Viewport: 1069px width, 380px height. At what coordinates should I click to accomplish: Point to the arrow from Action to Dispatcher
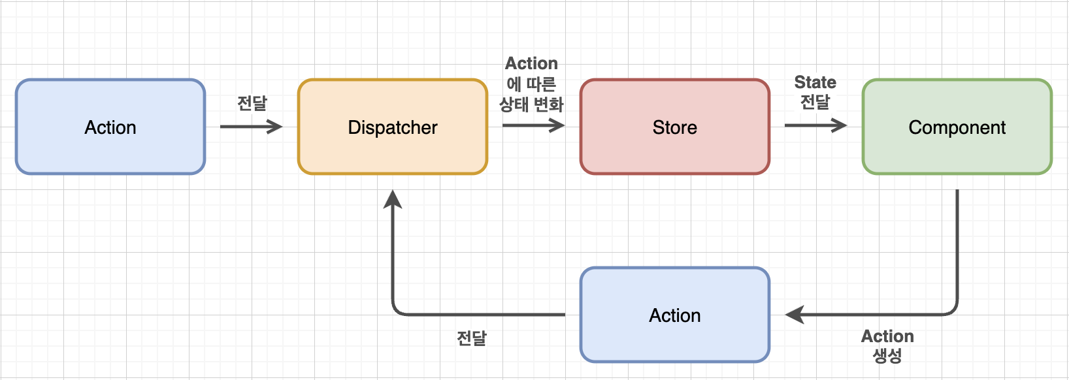(x=250, y=127)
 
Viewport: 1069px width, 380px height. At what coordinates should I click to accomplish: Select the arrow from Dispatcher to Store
(x=533, y=126)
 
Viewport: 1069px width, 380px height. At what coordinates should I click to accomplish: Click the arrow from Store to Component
(x=815, y=125)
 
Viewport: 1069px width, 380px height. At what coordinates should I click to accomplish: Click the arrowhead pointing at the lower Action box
(x=795, y=315)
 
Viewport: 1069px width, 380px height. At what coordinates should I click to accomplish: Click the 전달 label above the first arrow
(x=252, y=103)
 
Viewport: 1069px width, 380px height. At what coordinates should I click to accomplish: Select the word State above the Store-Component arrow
(x=815, y=82)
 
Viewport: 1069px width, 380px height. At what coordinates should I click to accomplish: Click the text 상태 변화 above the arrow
(x=531, y=104)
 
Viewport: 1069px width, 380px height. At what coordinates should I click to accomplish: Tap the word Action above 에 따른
(x=531, y=63)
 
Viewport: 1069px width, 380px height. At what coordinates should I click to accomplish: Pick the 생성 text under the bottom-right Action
(x=887, y=356)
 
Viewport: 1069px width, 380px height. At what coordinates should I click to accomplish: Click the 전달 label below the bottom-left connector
(x=471, y=338)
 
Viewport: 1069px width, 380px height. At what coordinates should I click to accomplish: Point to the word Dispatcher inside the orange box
(x=393, y=127)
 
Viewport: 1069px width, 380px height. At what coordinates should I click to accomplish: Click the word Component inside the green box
(x=957, y=127)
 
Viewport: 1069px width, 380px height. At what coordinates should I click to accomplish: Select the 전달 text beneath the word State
(x=815, y=102)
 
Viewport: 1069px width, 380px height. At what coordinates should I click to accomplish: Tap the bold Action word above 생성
(x=887, y=336)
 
